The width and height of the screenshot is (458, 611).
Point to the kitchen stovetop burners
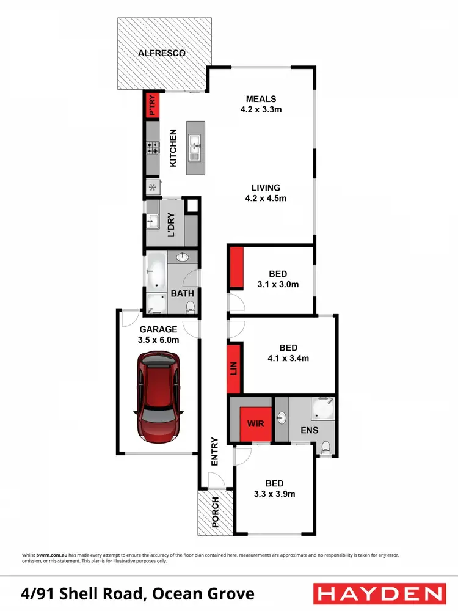point(151,147)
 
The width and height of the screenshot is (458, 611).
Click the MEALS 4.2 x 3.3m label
point(261,104)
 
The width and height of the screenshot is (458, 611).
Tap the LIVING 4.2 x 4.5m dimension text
point(265,193)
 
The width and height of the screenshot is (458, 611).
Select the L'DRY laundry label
point(172,225)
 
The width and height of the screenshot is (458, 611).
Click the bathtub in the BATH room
point(155,270)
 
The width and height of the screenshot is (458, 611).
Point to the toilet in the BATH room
point(191,305)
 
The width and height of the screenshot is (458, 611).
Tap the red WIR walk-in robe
point(255,422)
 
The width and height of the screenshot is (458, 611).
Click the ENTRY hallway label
point(214,452)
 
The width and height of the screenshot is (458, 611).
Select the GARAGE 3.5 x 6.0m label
point(158,334)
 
